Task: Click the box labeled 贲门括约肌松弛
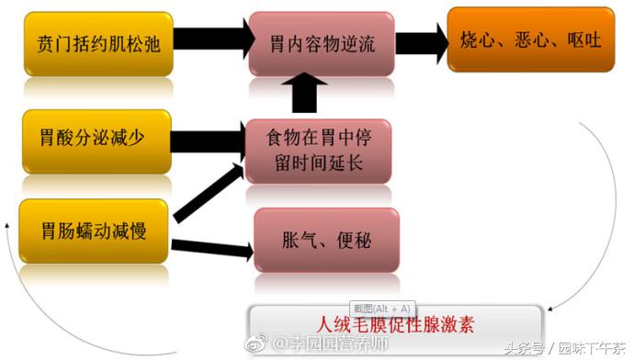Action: click(x=97, y=43)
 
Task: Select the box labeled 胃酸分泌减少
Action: click(x=97, y=140)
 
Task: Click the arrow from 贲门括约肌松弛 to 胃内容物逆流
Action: click(x=209, y=39)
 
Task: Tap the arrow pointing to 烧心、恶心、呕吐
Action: click(x=419, y=42)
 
